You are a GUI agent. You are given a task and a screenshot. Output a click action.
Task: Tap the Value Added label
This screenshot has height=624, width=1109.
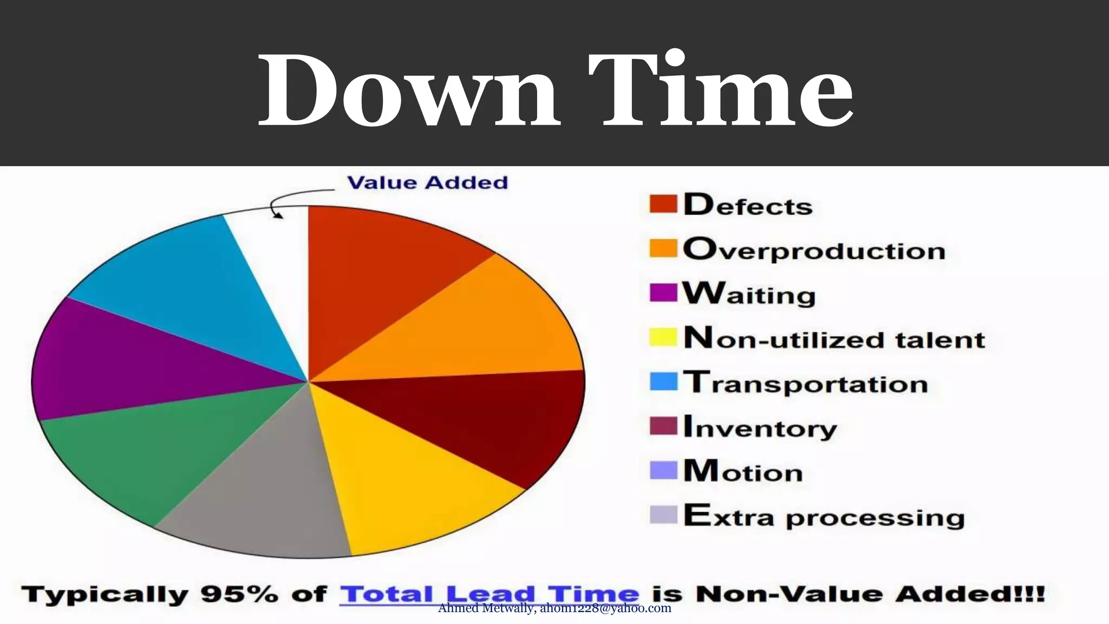click(427, 183)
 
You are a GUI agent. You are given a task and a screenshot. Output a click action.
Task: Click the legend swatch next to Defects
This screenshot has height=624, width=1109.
click(663, 204)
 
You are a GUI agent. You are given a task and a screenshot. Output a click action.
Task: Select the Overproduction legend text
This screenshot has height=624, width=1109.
click(814, 250)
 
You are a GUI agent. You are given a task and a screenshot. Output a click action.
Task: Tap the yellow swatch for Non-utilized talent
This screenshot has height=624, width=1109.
click(663, 337)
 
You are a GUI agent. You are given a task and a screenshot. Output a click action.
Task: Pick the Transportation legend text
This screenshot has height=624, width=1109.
click(805, 383)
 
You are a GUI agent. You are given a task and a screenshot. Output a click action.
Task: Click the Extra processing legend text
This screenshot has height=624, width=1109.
click(824, 516)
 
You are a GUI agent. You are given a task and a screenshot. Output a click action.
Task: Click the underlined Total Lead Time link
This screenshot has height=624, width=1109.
click(490, 594)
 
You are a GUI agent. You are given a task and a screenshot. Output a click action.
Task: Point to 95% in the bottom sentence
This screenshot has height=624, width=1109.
click(239, 595)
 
